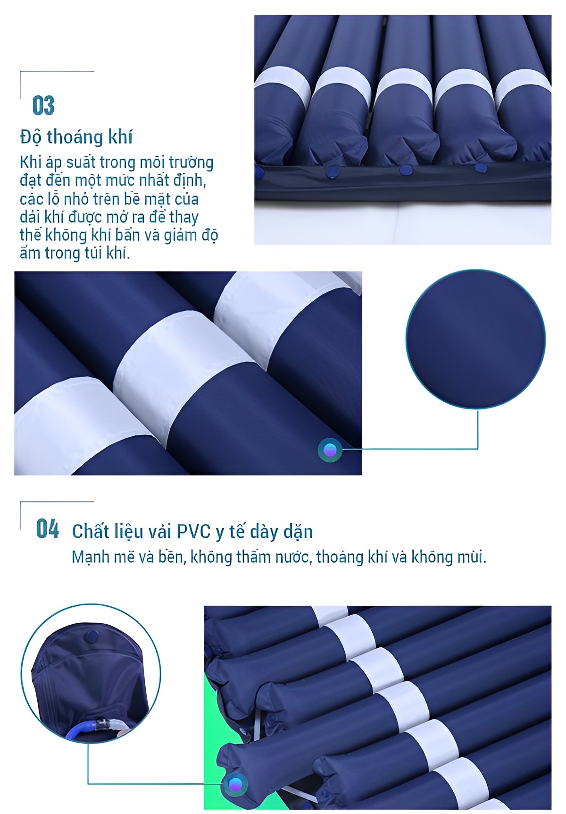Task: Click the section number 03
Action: pos(43,105)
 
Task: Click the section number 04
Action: pos(48,529)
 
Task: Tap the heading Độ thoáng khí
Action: pos(76,137)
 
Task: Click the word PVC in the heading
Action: pos(193,531)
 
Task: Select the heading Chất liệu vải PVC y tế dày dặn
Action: pos(192,532)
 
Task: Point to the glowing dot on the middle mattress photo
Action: pos(330,449)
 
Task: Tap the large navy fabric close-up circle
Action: pos(475,339)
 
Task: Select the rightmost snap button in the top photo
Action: pos(480,167)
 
